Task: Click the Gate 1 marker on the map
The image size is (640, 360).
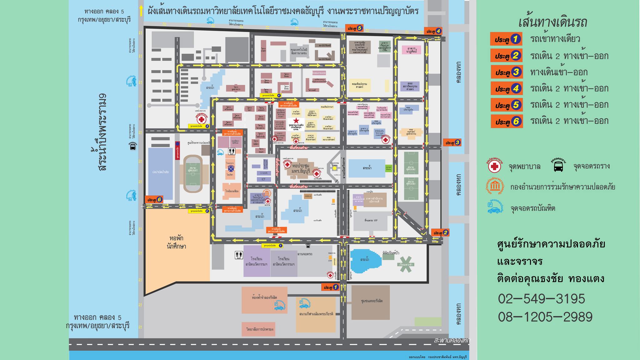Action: [x=330, y=287]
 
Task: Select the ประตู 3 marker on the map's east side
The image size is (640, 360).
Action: [x=452, y=143]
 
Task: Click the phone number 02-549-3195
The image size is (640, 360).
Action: [x=541, y=299]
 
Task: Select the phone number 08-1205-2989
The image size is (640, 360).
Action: [x=545, y=317]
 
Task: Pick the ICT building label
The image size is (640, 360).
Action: [x=263, y=179]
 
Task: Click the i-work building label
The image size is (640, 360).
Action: [x=263, y=173]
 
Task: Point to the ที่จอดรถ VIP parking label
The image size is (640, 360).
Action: [x=371, y=220]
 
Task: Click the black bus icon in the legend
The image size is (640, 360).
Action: [x=558, y=167]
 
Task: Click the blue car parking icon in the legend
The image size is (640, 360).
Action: [x=495, y=208]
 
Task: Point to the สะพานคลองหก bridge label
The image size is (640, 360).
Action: [x=451, y=340]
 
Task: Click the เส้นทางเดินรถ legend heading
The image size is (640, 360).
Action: [x=552, y=22]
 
